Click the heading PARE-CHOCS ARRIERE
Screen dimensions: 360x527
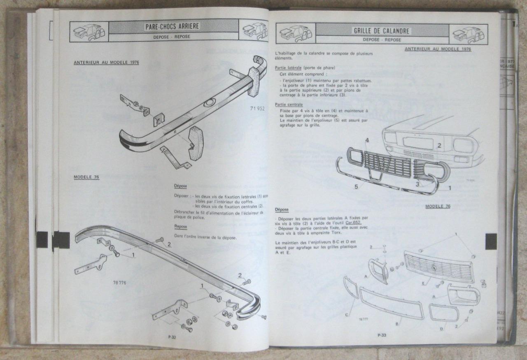(x=172, y=27)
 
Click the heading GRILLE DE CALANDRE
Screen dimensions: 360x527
(x=381, y=31)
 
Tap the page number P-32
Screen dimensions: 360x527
(x=172, y=337)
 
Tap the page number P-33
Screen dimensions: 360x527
(x=382, y=335)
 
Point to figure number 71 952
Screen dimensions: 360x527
(x=257, y=109)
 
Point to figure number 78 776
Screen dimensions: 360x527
(x=119, y=283)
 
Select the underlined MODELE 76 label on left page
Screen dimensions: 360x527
(x=86, y=177)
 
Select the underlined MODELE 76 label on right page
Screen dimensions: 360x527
(x=438, y=206)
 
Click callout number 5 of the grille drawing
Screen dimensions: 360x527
(x=356, y=186)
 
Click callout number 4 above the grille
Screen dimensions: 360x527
(x=366, y=140)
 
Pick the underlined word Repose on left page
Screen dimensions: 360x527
(x=180, y=227)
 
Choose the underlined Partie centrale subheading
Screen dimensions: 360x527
(x=289, y=105)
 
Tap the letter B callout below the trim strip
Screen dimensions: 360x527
(x=396, y=324)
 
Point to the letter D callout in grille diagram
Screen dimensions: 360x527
(x=441, y=329)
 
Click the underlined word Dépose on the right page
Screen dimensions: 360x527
(x=282, y=210)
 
